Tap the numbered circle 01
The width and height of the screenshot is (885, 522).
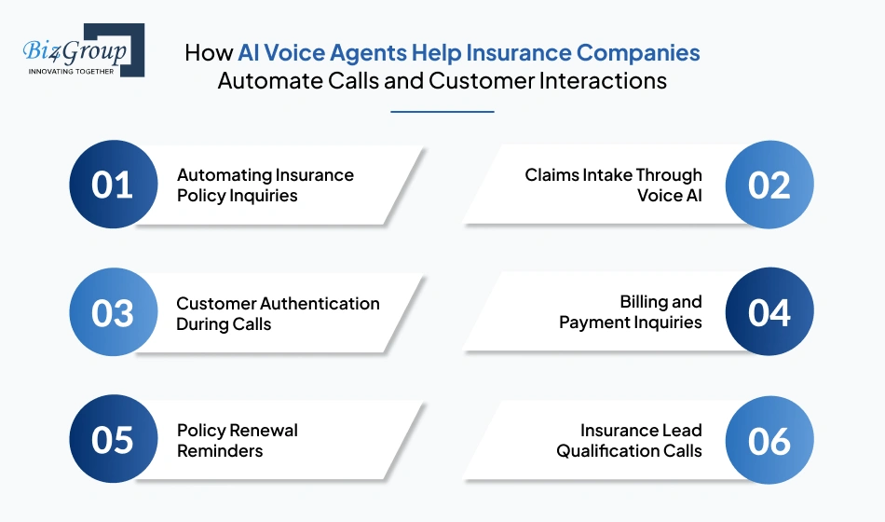pyautogui.click(x=113, y=185)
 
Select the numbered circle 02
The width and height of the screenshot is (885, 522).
pyautogui.click(x=769, y=185)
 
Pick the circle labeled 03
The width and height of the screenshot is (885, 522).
pyautogui.click(x=113, y=313)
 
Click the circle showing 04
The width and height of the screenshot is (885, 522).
pyautogui.click(x=769, y=313)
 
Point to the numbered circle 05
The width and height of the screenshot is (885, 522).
pyautogui.click(x=113, y=440)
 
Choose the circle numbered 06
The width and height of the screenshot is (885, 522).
pyautogui.click(x=769, y=440)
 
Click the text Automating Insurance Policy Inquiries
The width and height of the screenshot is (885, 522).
pyautogui.click(x=265, y=185)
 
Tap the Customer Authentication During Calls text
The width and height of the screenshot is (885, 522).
pyautogui.click(x=278, y=313)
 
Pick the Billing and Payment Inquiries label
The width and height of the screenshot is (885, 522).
pyautogui.click(x=631, y=312)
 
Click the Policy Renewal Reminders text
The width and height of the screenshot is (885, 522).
pyautogui.click(x=238, y=440)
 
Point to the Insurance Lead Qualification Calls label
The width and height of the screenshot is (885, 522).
pyautogui.click(x=630, y=440)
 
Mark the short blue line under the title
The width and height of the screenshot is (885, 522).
pyautogui.click(x=442, y=112)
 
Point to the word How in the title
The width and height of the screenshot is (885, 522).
pyautogui.click(x=209, y=52)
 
